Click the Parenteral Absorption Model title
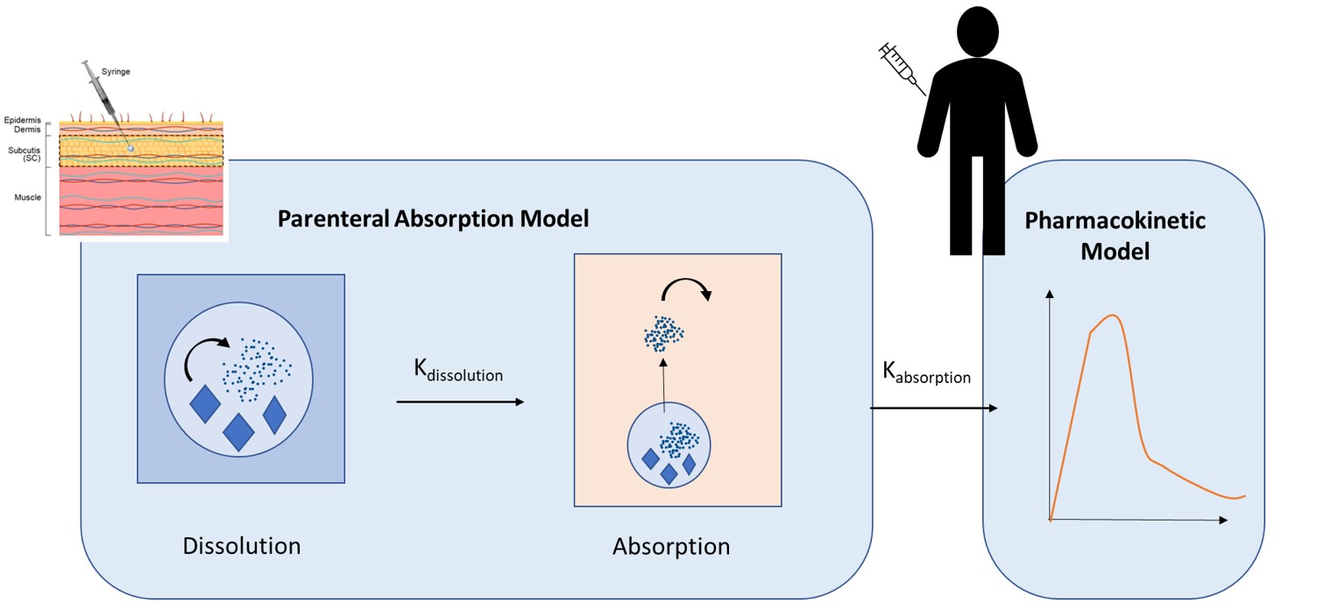(433, 218)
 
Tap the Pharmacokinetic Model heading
(1115, 236)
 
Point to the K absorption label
(926, 373)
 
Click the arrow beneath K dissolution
(460, 402)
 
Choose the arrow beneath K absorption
(934, 409)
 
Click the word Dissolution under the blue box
(241, 545)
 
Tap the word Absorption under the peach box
(670, 546)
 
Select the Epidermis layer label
(22, 119)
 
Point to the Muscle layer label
(28, 197)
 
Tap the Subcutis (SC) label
(23, 153)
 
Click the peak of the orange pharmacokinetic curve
(1113, 316)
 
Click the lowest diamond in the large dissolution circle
(238, 430)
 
